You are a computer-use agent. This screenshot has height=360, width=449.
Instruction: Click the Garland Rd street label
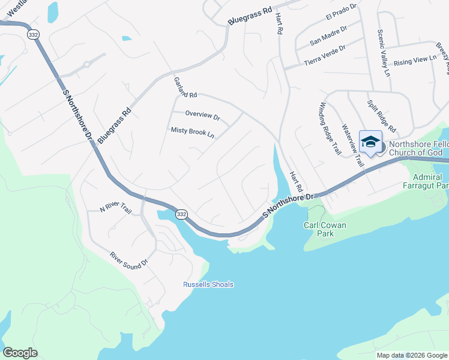(185, 88)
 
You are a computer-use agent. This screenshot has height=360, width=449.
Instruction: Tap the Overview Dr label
(202, 114)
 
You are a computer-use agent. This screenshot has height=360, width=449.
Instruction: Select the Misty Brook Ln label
(192, 132)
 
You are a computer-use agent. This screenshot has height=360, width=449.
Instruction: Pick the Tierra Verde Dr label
(325, 56)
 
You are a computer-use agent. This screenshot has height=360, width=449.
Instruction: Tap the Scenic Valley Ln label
(383, 53)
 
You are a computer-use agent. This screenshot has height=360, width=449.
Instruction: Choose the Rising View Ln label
(415, 60)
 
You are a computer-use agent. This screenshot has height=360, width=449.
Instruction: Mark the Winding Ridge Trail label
(331, 122)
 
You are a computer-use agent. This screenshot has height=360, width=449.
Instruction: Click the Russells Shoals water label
(208, 284)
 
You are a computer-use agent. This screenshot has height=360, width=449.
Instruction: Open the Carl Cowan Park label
(318, 229)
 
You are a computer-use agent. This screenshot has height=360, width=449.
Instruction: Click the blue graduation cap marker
(370, 142)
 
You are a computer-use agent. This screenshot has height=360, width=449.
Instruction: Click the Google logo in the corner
(20, 353)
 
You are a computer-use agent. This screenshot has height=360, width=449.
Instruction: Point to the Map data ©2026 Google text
(411, 355)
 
